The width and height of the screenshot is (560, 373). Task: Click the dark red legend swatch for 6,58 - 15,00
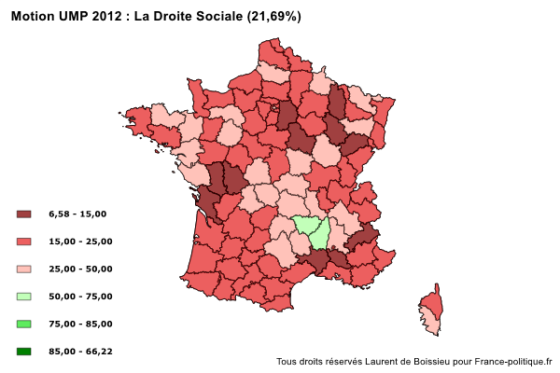[x=24, y=214]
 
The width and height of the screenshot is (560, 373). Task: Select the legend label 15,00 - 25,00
[x=79, y=242]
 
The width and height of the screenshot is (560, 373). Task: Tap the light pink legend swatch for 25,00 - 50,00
[x=24, y=269]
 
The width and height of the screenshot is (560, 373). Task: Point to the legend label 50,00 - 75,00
[x=79, y=297]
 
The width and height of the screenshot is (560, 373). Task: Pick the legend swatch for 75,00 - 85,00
[x=24, y=324]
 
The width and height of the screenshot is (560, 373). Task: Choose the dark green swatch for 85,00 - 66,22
[x=24, y=352]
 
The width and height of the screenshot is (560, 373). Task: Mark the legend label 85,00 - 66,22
[x=79, y=352]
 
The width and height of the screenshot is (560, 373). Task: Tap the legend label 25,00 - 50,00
[x=79, y=269]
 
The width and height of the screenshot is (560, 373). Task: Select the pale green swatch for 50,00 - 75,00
[x=24, y=297]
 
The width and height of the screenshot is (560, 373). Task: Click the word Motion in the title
[x=35, y=18]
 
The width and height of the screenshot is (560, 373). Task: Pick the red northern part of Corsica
[x=432, y=303]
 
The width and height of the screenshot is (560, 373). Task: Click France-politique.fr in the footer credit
[x=513, y=362]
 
